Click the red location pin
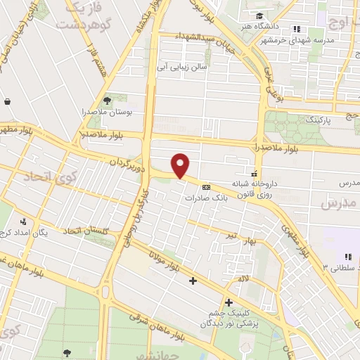click(x=181, y=165)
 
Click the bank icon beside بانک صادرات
click(x=206, y=187)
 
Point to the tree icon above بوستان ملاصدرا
click(x=107, y=101)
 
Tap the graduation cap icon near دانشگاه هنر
click(x=261, y=15)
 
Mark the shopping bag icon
click(x=7, y=101)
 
